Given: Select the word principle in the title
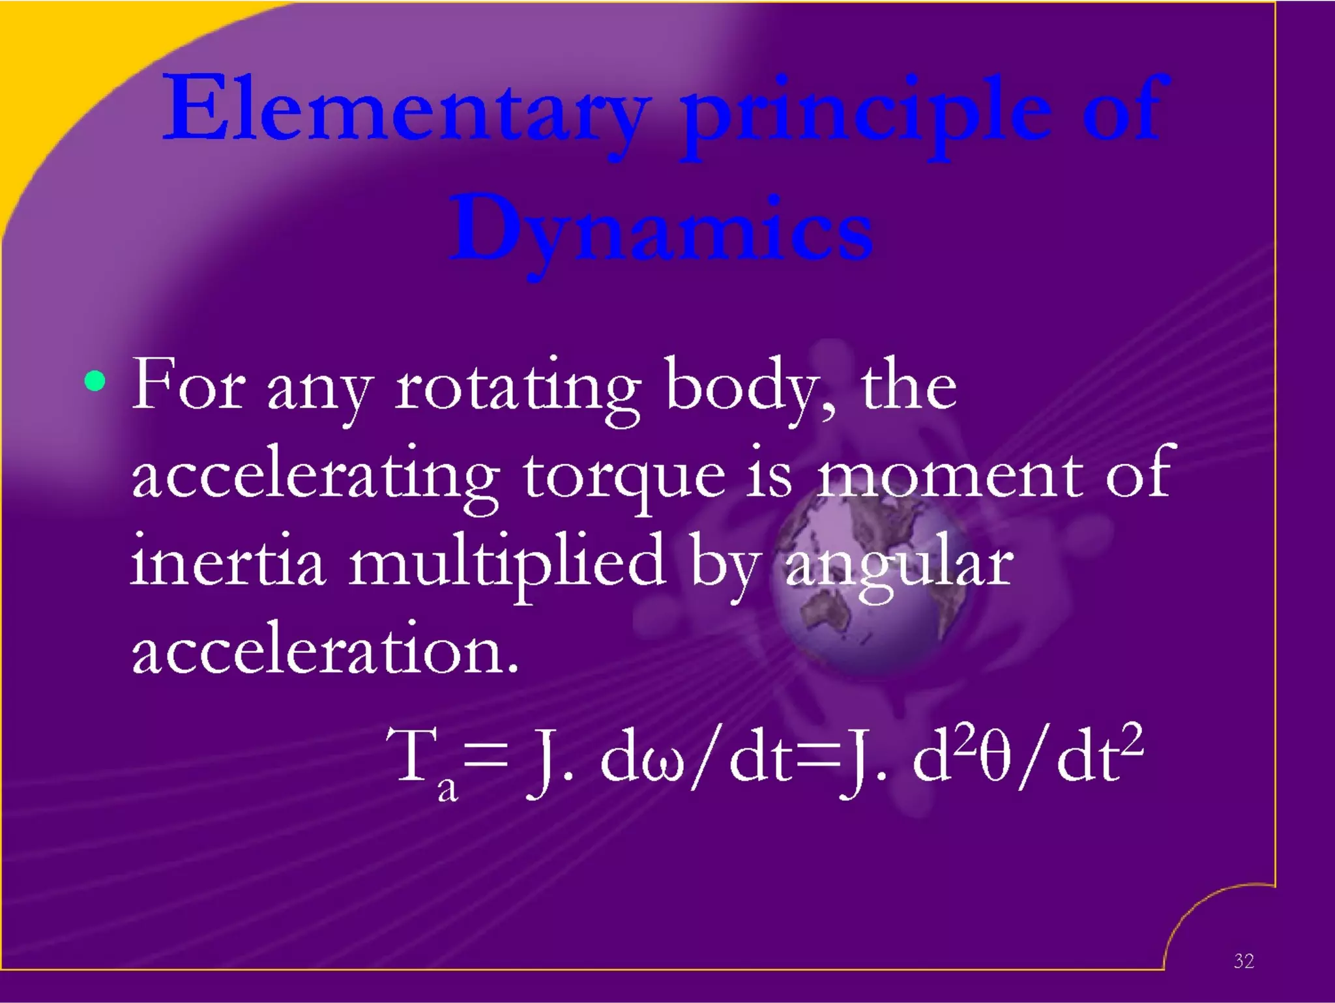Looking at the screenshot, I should (867, 114).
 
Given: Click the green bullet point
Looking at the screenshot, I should (95, 381).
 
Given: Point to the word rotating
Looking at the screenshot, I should (518, 389).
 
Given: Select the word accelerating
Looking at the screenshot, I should (316, 479).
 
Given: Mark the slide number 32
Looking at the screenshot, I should (1244, 961).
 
